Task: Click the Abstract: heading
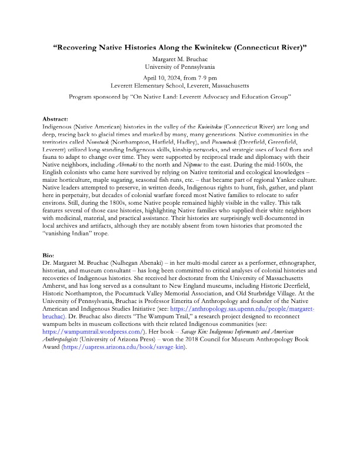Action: tap(56, 119)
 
